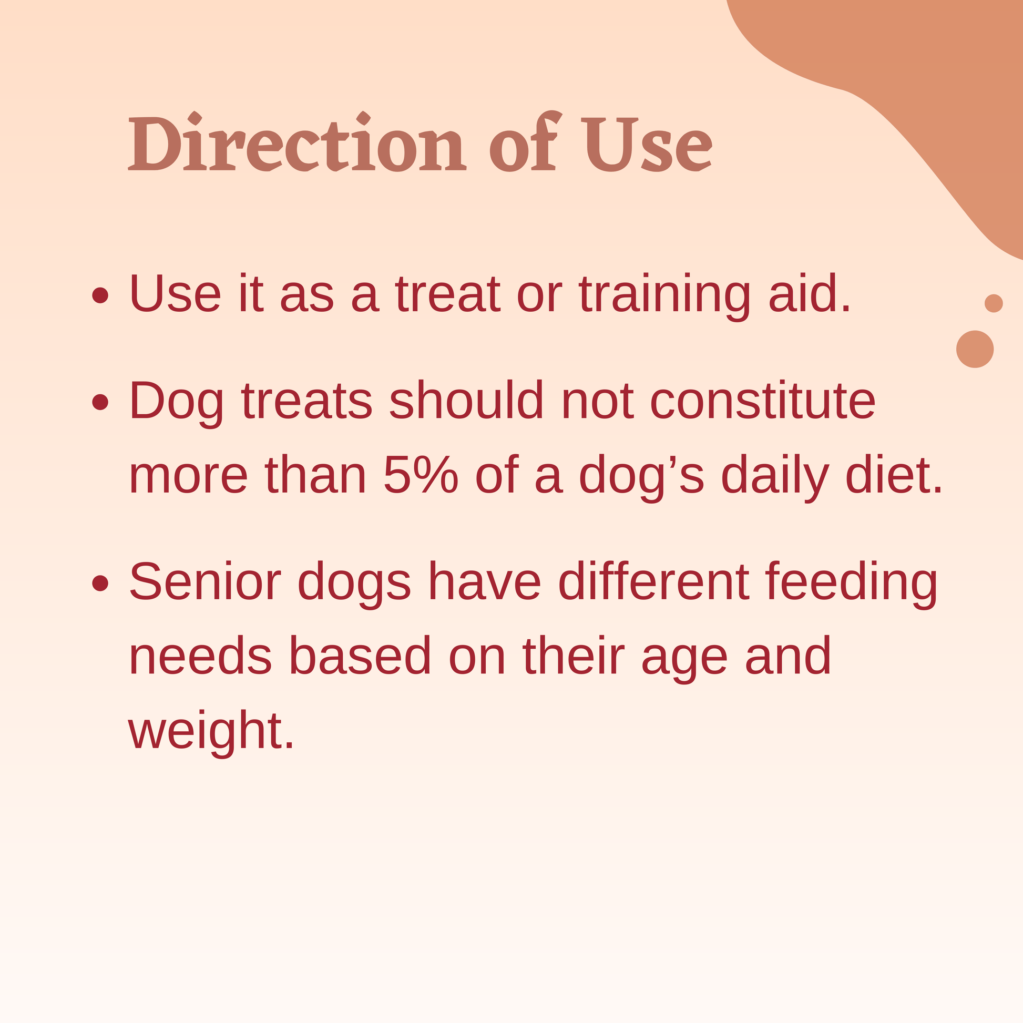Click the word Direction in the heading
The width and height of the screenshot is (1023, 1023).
[x=297, y=142]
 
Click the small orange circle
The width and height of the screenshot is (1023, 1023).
[x=994, y=303]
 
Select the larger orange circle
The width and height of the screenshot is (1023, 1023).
[x=975, y=349]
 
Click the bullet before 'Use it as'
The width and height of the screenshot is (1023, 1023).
[x=100, y=295]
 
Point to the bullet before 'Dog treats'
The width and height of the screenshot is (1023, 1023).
[x=100, y=402]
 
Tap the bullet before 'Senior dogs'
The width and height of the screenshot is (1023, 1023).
[x=100, y=583]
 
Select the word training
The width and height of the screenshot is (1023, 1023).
[x=664, y=295]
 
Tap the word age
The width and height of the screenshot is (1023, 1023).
[x=684, y=661]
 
